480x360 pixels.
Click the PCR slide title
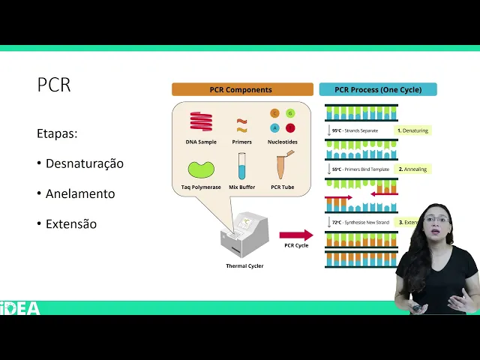point(54,85)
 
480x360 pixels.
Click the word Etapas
point(57,133)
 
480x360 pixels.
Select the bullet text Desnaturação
point(84,163)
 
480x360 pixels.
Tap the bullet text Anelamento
point(79,193)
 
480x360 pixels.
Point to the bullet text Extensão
point(70,223)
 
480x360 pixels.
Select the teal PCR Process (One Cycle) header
point(378,90)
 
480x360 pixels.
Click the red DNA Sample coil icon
point(201,121)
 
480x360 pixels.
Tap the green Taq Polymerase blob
point(201,169)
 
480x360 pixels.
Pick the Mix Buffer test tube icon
point(242,166)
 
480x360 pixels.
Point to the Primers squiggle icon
point(242,124)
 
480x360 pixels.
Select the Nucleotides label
point(283,142)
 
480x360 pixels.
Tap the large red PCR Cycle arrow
point(296,235)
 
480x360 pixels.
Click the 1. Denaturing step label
point(413,130)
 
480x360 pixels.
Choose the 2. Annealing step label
point(413,169)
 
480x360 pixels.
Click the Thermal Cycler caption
point(244,265)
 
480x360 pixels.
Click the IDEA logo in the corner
point(20,307)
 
